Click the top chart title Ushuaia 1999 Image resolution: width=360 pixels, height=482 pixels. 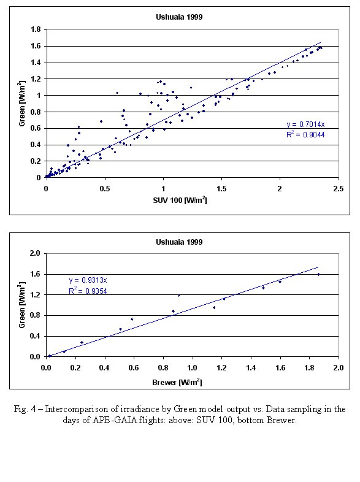point(179,17)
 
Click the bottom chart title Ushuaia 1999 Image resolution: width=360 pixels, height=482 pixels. point(179,242)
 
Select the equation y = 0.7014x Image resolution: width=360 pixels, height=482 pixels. point(305,124)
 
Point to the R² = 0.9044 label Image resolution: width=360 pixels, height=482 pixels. point(305,134)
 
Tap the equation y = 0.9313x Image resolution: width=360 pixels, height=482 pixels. point(88,280)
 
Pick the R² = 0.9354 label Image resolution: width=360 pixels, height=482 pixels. point(88,291)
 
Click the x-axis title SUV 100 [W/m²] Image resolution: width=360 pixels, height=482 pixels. point(180,201)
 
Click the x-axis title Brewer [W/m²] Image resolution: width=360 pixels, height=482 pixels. point(177,382)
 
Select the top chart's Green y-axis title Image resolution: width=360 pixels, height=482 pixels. point(21,104)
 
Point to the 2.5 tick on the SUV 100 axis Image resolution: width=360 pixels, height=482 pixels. point(339,189)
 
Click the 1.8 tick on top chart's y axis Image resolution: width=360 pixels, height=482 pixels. point(36,29)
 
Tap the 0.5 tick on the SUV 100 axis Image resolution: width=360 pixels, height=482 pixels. point(105,189)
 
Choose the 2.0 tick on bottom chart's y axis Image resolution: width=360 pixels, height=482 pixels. point(35,253)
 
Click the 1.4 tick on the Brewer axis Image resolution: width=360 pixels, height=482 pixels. point(251,368)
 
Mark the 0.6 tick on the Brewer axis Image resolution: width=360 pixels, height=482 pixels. point(134,368)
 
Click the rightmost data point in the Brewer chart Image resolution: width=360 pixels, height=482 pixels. point(318,275)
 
